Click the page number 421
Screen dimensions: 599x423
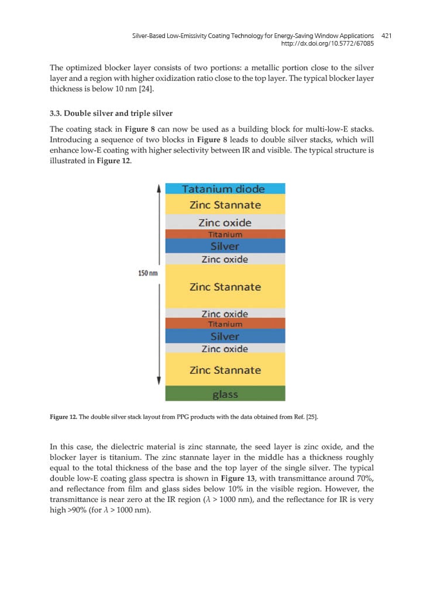click(386, 36)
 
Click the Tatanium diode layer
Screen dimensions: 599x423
click(225, 189)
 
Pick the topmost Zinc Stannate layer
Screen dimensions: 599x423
click(225, 205)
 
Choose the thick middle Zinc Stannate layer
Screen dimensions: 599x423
click(225, 287)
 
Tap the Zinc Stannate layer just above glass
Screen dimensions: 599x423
click(225, 370)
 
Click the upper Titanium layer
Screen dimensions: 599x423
click(225, 235)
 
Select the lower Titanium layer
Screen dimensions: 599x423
click(225, 323)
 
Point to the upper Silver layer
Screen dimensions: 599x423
click(225, 246)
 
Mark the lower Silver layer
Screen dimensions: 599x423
click(225, 336)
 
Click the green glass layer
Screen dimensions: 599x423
click(225, 394)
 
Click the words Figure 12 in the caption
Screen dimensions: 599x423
click(63, 417)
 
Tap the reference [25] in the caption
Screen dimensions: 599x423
click(310, 417)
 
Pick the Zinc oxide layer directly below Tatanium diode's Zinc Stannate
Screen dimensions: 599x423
click(225, 222)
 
